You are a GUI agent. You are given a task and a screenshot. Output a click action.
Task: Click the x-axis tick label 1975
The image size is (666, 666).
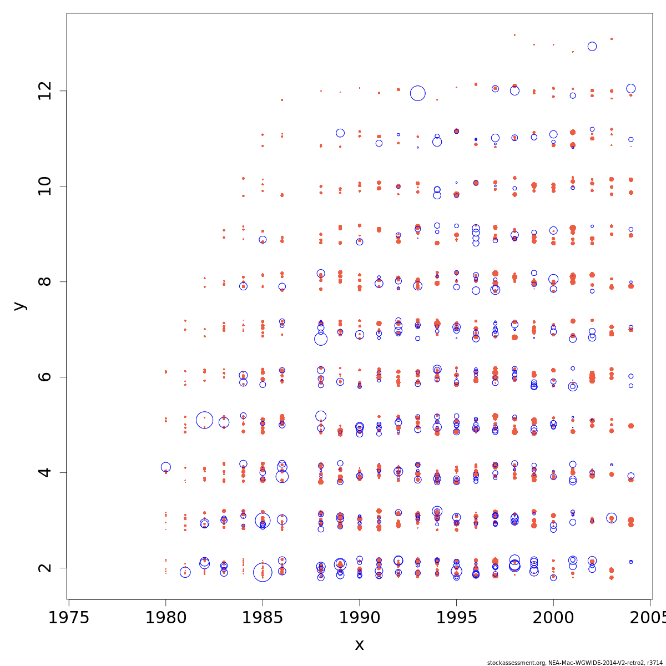69,618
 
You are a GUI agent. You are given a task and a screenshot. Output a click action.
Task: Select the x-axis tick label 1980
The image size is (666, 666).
165,618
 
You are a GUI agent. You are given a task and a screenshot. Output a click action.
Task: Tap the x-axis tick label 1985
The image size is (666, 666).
263,618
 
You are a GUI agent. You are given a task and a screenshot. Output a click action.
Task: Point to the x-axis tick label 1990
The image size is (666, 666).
360,618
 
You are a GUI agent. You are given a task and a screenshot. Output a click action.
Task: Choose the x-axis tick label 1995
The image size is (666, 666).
456,618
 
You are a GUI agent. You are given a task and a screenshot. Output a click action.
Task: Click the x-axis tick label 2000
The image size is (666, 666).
553,618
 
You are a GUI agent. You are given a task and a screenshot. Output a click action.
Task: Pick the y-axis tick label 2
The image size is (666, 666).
44,568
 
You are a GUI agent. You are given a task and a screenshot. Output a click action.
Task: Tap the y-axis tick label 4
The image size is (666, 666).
44,472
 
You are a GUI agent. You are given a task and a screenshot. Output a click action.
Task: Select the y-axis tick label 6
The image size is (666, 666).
44,377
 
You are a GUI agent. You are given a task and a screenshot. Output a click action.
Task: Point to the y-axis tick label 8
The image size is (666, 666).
44,281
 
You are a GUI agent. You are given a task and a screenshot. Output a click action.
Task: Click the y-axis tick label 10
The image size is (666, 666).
44,186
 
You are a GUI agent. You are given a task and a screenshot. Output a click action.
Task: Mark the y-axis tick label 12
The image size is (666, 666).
44,90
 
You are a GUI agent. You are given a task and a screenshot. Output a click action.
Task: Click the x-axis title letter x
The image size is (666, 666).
359,645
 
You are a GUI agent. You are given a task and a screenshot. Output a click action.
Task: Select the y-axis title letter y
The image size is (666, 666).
19,305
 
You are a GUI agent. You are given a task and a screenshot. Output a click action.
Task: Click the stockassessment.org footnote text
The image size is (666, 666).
575,663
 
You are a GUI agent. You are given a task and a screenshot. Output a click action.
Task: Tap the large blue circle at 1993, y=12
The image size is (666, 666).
418,93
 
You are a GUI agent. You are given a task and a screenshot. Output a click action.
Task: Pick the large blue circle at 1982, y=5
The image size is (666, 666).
204,420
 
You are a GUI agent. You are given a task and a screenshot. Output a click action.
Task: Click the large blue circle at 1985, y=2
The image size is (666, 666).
263,572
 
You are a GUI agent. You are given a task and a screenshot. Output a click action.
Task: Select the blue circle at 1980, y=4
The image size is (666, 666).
165,467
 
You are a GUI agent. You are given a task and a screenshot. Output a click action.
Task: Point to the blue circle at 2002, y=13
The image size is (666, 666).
592,46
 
